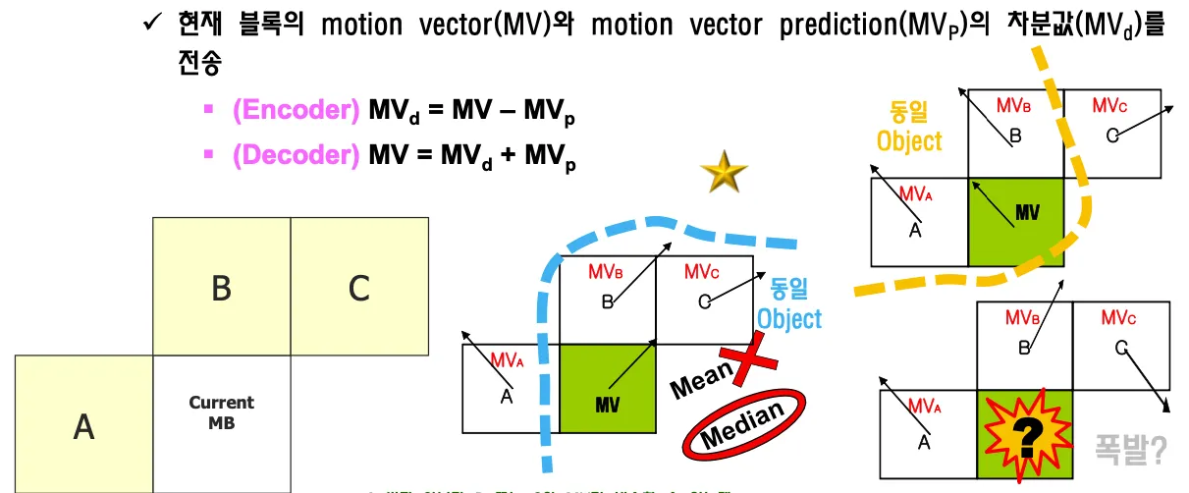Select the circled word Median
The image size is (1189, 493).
coord(742,424)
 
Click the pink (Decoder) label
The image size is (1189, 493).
coord(296,154)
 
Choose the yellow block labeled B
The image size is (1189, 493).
coord(221,287)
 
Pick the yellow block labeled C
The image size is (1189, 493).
coord(359,287)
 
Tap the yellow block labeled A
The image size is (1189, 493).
coord(83,424)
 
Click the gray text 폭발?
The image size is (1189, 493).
coord(1131,449)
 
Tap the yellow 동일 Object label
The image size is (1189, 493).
coord(909,127)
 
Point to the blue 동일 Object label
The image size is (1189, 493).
coord(788,304)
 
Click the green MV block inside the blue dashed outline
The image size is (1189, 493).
coord(607,388)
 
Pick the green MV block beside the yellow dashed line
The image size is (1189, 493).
coord(1016,222)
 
